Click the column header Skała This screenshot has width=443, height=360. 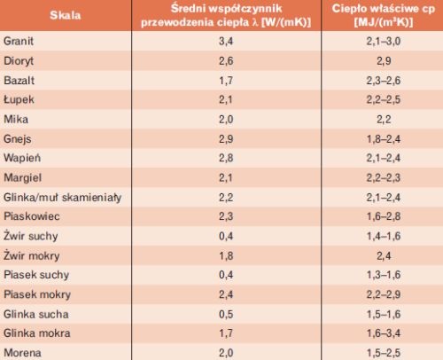pos(66,15)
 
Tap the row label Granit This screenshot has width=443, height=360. pos(19,41)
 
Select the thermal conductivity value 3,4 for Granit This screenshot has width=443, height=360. pos(226,41)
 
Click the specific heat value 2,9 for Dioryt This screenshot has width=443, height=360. pos(384,61)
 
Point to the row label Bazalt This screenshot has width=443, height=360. pos(19,81)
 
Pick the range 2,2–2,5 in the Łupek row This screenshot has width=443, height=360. pos(384,99)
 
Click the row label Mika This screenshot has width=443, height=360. pos(16,119)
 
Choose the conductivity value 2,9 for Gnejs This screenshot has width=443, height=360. pos(226,139)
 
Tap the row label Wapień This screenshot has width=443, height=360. pos(22,158)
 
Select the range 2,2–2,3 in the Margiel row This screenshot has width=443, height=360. pos(384,177)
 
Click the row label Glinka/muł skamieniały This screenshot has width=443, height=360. pos(63,198)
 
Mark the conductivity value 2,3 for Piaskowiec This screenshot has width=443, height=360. pos(226,216)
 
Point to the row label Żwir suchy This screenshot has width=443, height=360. pos(31,236)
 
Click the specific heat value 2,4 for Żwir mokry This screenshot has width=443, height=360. pos(384,255)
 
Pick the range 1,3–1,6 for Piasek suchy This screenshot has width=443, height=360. pos(384,275)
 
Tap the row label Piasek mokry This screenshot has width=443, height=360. pos(37,294)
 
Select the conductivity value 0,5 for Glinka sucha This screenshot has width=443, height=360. pos(226,314)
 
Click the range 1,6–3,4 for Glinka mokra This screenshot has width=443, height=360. pos(384,333)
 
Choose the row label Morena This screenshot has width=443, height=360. pos(22,353)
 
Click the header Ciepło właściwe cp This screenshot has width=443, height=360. pos(384,9)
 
